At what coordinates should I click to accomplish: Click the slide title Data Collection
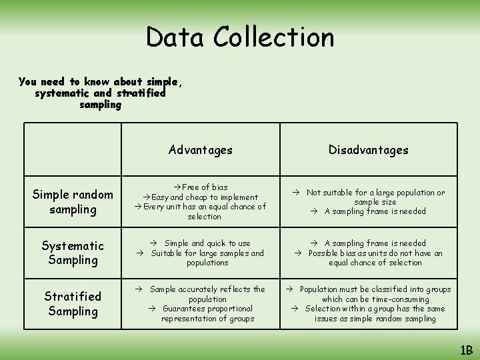point(240,37)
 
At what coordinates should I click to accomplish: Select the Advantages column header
point(201,150)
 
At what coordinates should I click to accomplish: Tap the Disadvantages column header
point(368,150)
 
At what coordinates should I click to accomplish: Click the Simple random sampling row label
point(73,202)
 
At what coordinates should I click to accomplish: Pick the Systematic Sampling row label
point(73,253)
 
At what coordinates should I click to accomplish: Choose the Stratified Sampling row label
point(73,303)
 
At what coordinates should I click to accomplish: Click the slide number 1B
point(465,349)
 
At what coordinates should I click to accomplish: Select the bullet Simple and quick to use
point(207,243)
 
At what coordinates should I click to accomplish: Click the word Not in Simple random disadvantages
point(313,193)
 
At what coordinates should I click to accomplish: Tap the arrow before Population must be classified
point(291,289)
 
